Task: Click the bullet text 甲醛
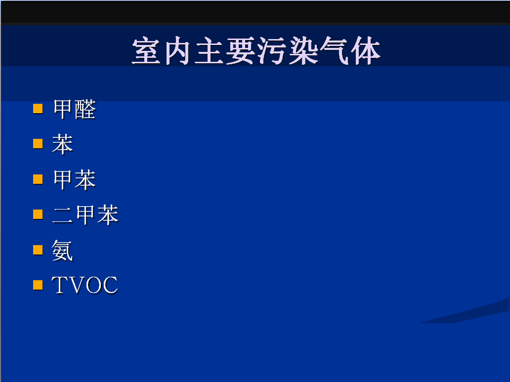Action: point(75,109)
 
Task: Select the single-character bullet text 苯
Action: point(62,144)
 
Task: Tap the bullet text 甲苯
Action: point(75,179)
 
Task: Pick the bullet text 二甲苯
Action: point(85,215)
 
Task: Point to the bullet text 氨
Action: point(62,251)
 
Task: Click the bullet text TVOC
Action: point(85,285)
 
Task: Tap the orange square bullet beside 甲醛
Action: point(38,109)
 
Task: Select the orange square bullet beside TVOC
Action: point(38,285)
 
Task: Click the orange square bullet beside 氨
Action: point(38,250)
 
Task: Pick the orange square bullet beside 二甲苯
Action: point(38,214)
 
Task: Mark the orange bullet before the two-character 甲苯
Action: point(38,179)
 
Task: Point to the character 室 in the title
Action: point(146,51)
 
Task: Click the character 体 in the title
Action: point(366,51)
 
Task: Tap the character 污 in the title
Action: point(272,51)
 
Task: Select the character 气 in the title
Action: point(335,51)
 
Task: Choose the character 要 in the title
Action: point(240,51)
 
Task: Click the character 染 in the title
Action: point(303,51)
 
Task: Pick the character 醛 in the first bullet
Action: point(85,109)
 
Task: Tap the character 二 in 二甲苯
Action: point(62,215)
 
